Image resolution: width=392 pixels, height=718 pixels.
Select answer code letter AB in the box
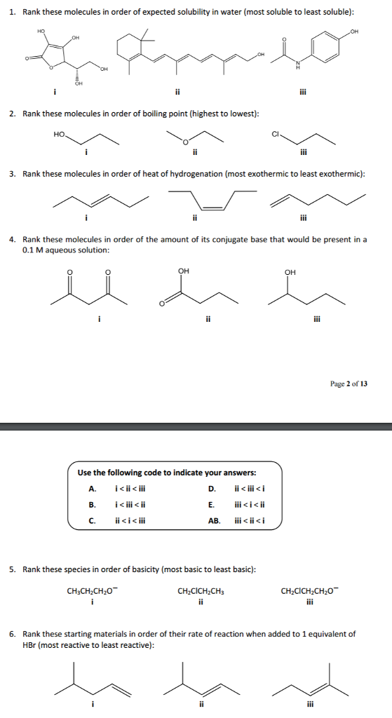[213, 520]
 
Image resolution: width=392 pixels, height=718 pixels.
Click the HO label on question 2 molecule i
[59, 131]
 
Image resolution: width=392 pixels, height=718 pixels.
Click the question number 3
[12, 173]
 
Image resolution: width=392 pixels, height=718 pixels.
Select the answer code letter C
[91, 520]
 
